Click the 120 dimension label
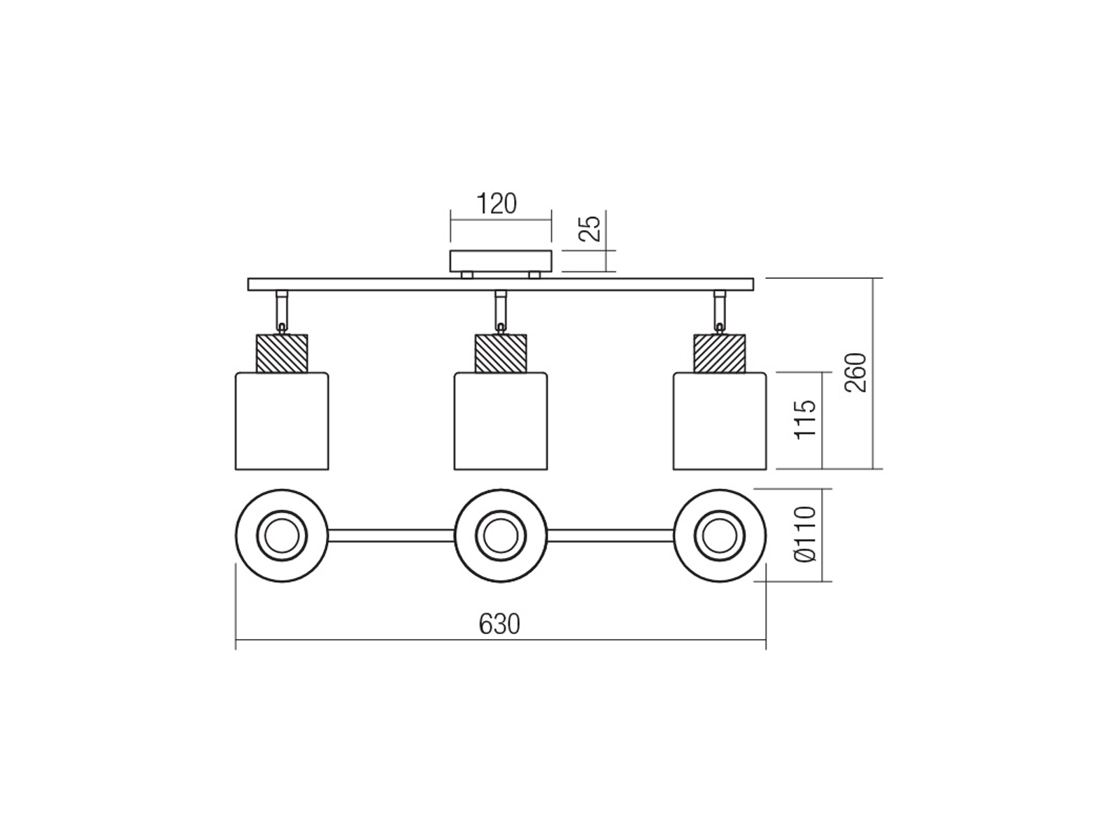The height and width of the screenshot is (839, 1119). tap(497, 203)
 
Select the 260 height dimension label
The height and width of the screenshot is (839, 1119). tap(855, 373)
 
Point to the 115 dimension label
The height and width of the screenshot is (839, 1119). tap(805, 419)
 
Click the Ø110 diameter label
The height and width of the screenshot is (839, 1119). tap(806, 534)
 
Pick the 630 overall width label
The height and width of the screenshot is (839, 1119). tap(499, 624)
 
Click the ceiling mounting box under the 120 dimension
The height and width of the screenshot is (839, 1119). tap(501, 261)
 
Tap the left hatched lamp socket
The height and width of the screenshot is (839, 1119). tap(282, 353)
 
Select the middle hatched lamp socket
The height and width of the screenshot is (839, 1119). tap(501, 353)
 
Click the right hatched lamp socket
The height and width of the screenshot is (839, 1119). tap(720, 353)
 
